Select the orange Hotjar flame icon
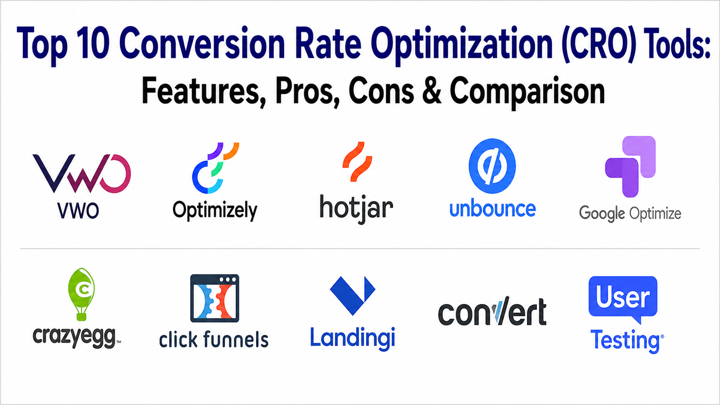[357, 161]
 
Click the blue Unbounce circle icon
[492, 166]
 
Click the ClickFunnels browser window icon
[215, 298]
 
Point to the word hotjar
[356, 209]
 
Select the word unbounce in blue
[493, 209]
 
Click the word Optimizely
[215, 211]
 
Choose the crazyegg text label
[74, 337]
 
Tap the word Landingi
[353, 339]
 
